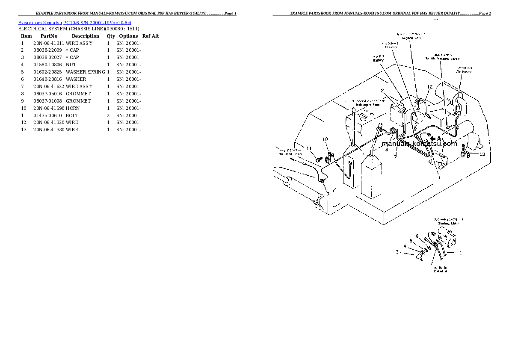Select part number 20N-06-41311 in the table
48,43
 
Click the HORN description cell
73,108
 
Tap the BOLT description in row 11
72,115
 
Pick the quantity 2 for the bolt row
108,115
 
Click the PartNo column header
49,36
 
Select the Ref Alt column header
151,36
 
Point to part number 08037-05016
47,94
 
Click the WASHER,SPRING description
85,72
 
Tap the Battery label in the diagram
378,60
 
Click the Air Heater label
464,72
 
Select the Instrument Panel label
366,104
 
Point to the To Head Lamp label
290,153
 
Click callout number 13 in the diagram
482,154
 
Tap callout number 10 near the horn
325,139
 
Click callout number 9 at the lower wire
328,194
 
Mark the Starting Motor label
448,223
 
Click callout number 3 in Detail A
397,252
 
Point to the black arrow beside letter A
433,139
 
